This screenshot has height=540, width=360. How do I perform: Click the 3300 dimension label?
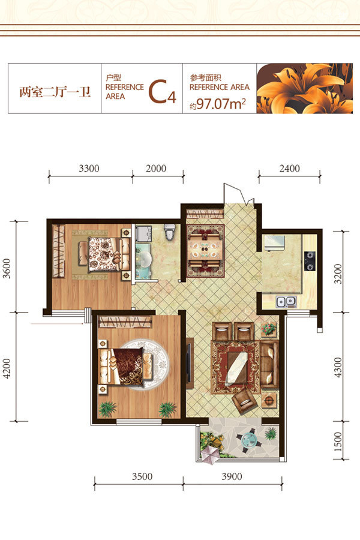(89, 169)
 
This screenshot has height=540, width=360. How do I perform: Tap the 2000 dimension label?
(156, 169)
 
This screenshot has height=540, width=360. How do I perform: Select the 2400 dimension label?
(289, 169)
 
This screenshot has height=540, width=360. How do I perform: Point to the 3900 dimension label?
(232, 476)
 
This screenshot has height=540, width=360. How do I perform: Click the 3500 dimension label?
(142, 476)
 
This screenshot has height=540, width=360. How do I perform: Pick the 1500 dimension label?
(338, 442)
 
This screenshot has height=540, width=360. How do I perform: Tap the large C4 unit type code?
(162, 92)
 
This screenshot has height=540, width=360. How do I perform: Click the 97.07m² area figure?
(221, 104)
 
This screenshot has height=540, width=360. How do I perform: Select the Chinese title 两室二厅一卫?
(55, 92)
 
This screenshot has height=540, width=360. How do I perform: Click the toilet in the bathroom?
(169, 232)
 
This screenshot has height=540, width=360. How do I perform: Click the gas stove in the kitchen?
(310, 260)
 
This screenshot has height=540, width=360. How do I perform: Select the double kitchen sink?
(286, 302)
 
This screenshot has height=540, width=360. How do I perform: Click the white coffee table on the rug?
(236, 368)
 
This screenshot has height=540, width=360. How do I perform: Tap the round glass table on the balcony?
(248, 440)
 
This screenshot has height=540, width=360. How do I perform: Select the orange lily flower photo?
(305, 89)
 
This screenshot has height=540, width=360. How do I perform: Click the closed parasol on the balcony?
(210, 455)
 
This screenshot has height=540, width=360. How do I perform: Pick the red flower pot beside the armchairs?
(269, 329)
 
